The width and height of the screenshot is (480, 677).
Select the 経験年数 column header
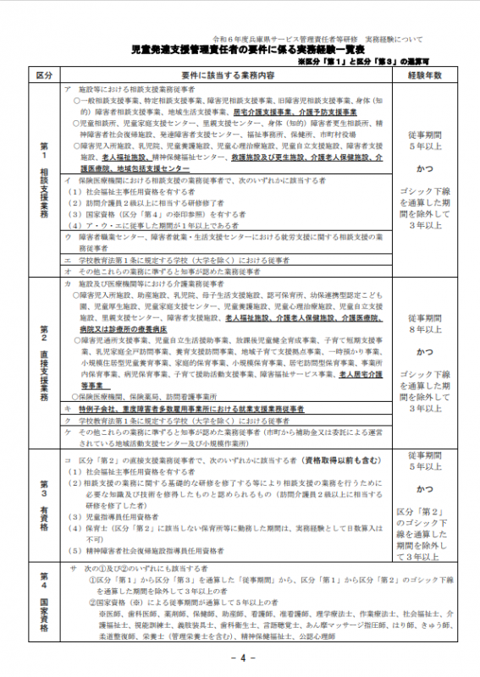(425, 75)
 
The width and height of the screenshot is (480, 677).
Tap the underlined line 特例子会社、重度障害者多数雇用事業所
(195, 407)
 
